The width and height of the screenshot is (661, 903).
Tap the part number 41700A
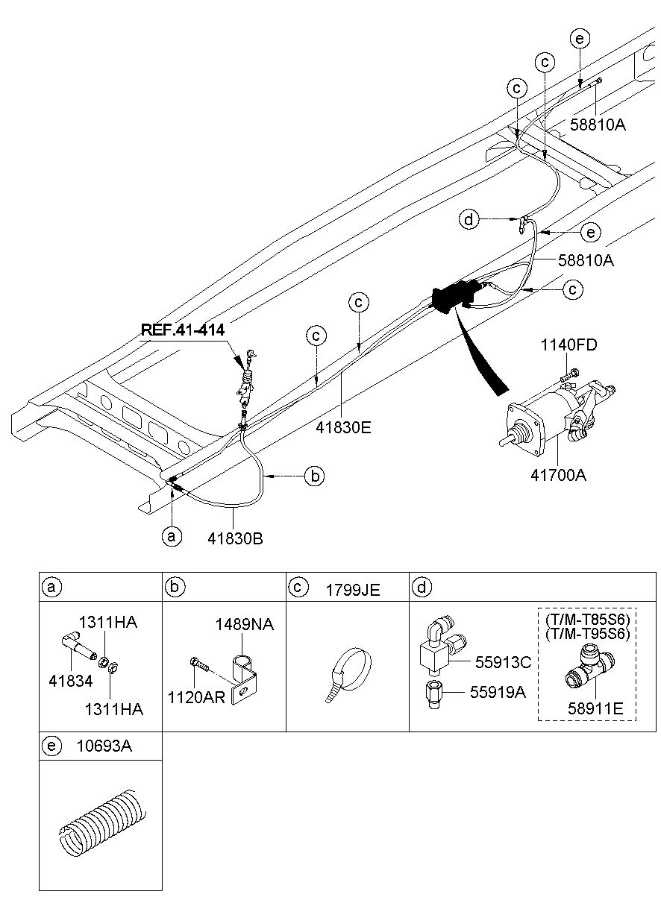560,473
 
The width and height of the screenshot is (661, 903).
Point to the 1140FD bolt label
568,345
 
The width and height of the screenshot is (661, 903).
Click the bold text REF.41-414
182,329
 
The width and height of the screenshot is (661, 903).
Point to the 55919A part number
498,692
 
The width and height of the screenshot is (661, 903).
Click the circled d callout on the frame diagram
469,219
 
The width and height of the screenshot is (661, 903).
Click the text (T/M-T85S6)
587,620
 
